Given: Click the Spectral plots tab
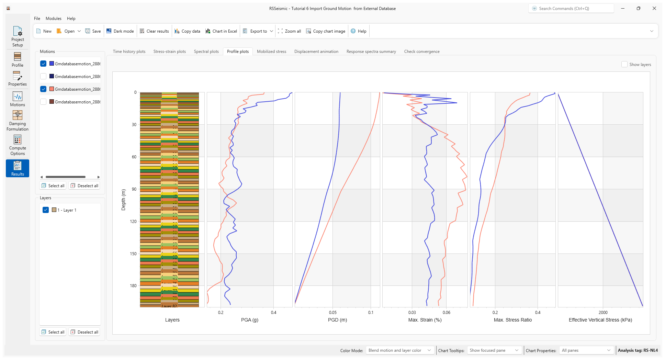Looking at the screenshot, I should click(206, 52).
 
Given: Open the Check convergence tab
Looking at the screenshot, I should click(421, 52).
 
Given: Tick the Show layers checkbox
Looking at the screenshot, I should click(624, 65).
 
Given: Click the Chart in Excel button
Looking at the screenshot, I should click(221, 31).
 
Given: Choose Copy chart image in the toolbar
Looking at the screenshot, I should click(326, 31).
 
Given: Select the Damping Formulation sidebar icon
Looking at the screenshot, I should click(18, 121).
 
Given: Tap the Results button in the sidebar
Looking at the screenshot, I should click(18, 168).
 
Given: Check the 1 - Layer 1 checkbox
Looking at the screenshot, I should click(46, 210).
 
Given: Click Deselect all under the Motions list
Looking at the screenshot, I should click(84, 186).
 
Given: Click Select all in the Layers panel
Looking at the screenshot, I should click(53, 332).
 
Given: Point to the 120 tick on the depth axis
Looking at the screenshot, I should click(133, 222).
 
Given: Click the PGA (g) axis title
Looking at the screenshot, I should click(250, 320).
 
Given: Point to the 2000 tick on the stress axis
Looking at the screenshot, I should click(603, 313).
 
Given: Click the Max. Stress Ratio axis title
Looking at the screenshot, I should click(512, 320).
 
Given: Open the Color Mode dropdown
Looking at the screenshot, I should click(399, 350).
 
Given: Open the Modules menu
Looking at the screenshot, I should click(54, 19).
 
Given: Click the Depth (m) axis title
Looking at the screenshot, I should click(124, 200).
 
